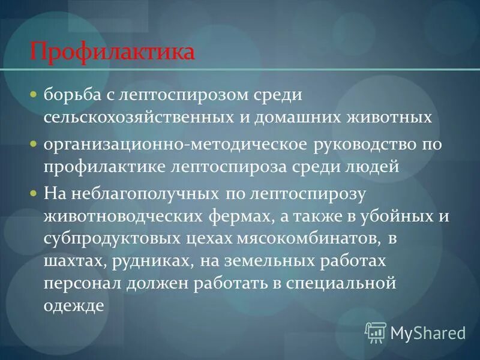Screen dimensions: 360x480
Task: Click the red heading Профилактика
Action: (112, 50)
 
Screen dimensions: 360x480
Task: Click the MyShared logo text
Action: (427, 332)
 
